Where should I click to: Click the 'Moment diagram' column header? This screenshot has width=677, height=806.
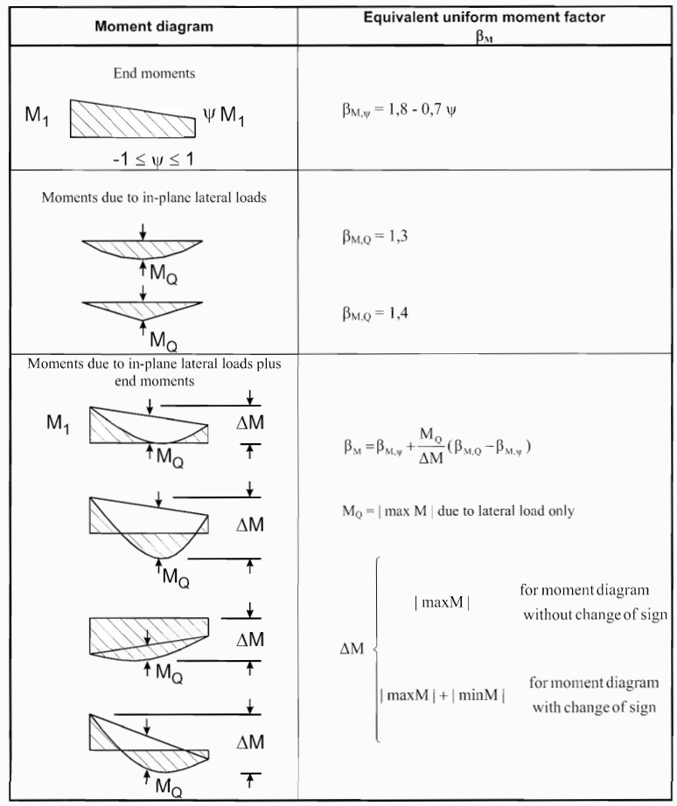pos(153,26)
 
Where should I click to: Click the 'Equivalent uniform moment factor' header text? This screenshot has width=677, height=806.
pos(487,17)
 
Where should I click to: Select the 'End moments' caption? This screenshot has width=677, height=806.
pos(154,73)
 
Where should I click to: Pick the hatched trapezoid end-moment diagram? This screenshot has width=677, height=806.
pos(132,119)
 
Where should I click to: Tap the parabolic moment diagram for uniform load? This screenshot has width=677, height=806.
pos(143,247)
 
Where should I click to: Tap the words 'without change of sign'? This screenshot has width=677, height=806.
pos(595,615)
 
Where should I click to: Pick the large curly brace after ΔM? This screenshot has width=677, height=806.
pos(377,650)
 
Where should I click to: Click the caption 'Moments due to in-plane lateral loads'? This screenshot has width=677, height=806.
pos(153,198)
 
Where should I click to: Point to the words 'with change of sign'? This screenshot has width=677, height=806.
pos(596,705)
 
